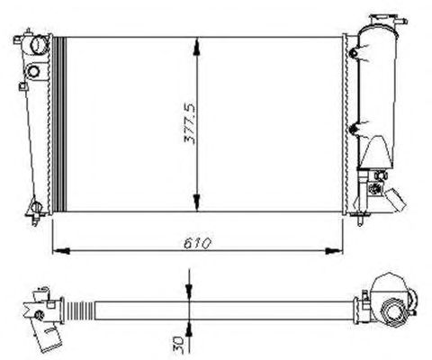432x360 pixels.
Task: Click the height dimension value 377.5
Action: [189, 124]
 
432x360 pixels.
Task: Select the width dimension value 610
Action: [197, 243]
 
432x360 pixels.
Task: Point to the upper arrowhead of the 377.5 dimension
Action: [196, 47]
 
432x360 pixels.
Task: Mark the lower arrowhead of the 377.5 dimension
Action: [196, 202]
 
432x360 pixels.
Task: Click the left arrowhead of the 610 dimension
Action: [61, 251]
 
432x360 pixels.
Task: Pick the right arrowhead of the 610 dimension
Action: [334, 251]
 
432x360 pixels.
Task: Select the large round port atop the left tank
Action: [40, 45]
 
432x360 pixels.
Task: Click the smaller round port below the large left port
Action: [33, 71]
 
